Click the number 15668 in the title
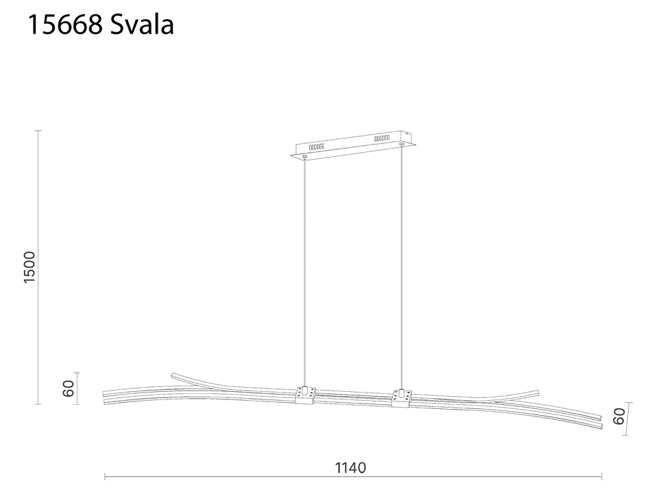64,25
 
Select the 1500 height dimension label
29,267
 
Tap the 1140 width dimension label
351,468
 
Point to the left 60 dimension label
68,388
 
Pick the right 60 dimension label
620,417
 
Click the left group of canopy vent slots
317,146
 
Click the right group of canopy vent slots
381,139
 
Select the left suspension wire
304,274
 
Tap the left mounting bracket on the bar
305,395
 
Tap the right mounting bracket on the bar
401,397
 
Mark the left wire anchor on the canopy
304,158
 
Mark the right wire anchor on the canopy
401,145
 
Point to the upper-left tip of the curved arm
173,375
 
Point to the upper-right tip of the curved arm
537,391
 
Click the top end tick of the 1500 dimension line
38,131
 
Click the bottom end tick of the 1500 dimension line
38,404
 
